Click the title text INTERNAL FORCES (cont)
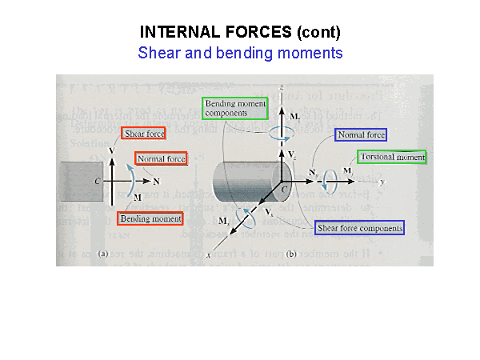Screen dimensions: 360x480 (x=240, y=33)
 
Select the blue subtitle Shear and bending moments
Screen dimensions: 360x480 (x=240, y=54)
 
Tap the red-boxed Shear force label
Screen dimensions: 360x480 (x=144, y=134)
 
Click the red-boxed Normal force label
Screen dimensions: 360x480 (x=161, y=159)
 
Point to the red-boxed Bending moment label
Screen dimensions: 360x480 (x=150, y=218)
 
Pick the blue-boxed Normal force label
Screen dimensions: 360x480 (x=362, y=135)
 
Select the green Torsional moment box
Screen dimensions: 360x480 (x=392, y=157)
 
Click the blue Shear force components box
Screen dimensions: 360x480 (x=359, y=228)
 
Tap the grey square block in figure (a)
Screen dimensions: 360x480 (x=80, y=181)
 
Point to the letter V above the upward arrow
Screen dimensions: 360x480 (x=110, y=150)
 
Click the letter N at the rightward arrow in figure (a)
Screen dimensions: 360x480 (x=156, y=181)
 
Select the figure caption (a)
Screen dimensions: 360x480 (x=102, y=254)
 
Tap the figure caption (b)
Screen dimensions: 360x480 (x=291, y=254)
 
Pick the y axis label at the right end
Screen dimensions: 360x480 (x=382, y=182)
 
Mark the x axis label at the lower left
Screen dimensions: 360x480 (x=208, y=254)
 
